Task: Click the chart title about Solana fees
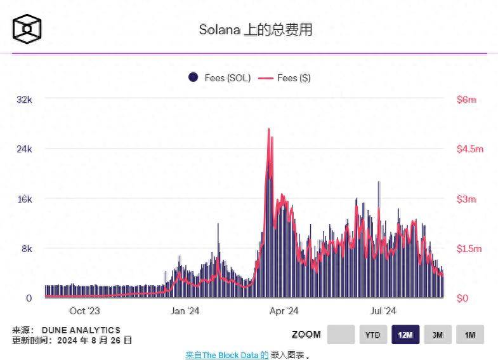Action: point(256,30)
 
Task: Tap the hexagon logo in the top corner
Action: point(27,29)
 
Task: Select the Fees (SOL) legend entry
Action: point(220,78)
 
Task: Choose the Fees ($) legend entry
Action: point(286,78)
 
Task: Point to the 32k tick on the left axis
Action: point(23,99)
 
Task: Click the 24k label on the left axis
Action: point(23,149)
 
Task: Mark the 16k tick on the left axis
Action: point(23,199)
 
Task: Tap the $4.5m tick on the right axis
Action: point(470,149)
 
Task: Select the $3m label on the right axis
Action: point(466,199)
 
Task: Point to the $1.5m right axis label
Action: point(470,249)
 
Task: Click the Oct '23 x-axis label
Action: point(84,310)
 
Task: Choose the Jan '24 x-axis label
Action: point(185,310)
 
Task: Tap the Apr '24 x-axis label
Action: point(284,310)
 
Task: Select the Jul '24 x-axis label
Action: point(383,310)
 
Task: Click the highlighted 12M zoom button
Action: point(405,335)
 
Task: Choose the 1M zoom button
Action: point(469,335)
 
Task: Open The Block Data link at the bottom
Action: point(226,355)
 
